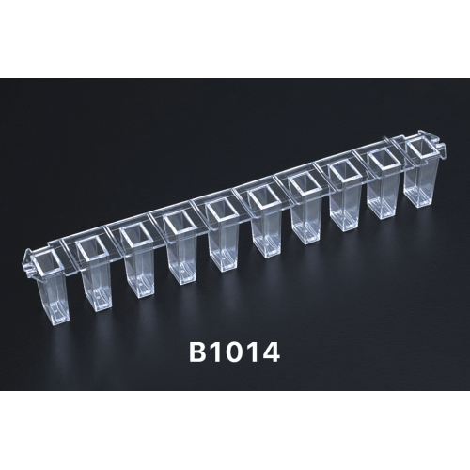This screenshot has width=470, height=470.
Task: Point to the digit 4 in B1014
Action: [x=269, y=352]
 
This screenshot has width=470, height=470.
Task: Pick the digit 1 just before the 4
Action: [x=253, y=352]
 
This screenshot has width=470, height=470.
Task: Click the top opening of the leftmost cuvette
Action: [x=47, y=262]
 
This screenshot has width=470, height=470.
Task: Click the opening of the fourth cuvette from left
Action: [x=178, y=223]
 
